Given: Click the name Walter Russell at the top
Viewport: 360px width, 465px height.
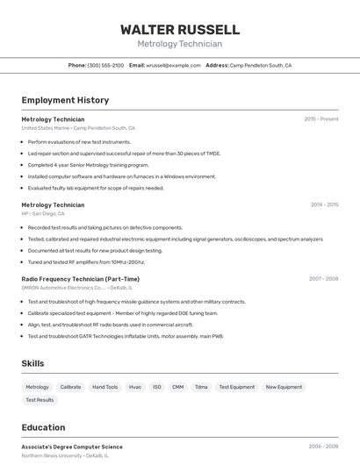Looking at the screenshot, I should click(x=180, y=30).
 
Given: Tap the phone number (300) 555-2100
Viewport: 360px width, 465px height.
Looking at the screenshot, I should click(x=105, y=65).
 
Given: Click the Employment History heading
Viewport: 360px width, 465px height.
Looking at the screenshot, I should click(x=65, y=100).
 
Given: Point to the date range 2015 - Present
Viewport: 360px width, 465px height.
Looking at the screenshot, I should click(x=321, y=119).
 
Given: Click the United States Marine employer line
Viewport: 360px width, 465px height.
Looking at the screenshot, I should click(x=78, y=128).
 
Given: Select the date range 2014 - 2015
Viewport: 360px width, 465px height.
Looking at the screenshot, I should click(x=324, y=204).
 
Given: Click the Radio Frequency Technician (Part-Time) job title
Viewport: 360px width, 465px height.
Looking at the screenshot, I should click(x=80, y=279).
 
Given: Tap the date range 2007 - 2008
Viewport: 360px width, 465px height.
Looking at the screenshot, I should click(x=323, y=279).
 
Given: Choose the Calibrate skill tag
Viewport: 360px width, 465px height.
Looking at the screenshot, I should click(x=70, y=387).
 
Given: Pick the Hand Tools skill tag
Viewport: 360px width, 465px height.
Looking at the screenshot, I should click(x=105, y=387).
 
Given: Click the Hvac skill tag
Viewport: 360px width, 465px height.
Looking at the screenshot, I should click(x=135, y=387).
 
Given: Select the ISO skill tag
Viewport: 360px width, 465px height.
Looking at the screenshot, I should click(x=157, y=387).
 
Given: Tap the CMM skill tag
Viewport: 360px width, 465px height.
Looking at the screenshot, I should click(x=178, y=387).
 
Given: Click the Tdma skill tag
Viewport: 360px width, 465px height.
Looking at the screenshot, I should click(x=201, y=387).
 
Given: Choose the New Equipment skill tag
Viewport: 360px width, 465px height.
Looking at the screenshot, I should click(x=284, y=387).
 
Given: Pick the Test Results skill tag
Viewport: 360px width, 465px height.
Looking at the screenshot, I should click(x=40, y=400).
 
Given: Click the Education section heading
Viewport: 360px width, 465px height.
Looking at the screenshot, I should click(x=43, y=428).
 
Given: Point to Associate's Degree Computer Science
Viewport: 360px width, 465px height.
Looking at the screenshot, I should click(x=72, y=447).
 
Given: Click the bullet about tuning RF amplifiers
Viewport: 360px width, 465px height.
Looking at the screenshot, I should click(x=86, y=261).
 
